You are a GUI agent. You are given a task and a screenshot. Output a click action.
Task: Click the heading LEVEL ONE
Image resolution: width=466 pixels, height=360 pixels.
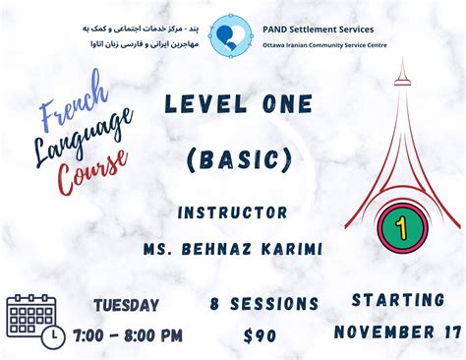[239, 103]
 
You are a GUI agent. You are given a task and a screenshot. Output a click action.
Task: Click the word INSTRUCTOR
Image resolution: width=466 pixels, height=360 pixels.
[234, 211]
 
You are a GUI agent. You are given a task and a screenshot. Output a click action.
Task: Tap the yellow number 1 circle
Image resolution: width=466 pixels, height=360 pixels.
[401, 227]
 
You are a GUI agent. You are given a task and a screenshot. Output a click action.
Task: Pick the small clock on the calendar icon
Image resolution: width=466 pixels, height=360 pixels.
[53, 335]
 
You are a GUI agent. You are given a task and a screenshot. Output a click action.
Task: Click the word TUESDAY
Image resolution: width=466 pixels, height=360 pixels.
[127, 305]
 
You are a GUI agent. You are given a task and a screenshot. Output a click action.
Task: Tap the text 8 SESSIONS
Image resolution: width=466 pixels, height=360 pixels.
[258, 305]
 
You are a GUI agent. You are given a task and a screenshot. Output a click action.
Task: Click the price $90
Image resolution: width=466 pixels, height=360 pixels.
[260, 335]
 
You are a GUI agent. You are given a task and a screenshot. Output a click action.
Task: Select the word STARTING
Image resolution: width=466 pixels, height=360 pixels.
[397, 298]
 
